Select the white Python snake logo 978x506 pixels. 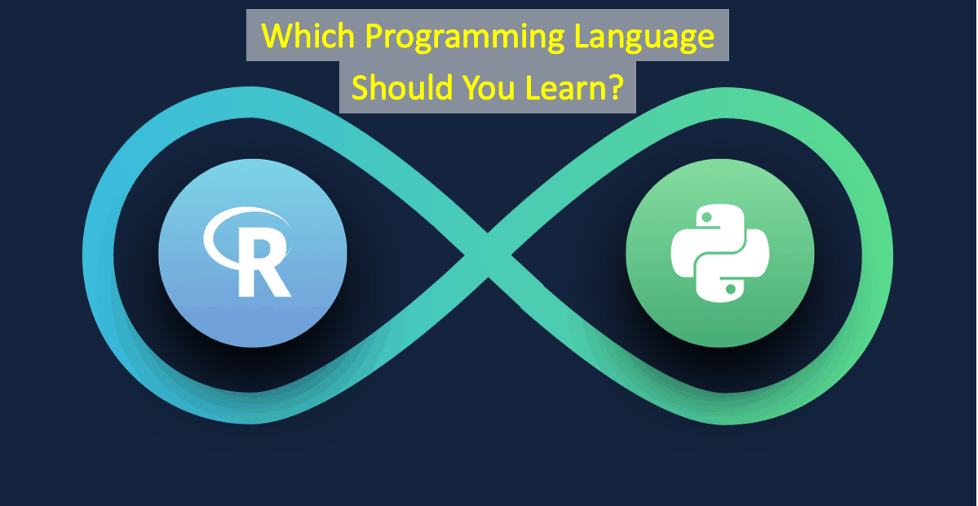coord(719,253)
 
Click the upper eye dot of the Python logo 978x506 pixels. coord(706,217)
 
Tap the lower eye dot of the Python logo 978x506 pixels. coord(730,289)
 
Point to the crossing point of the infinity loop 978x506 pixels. coord(489,255)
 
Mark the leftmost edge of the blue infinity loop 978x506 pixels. coord(83,255)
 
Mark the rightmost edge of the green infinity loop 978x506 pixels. coord(892,255)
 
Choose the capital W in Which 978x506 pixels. coord(277,36)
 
